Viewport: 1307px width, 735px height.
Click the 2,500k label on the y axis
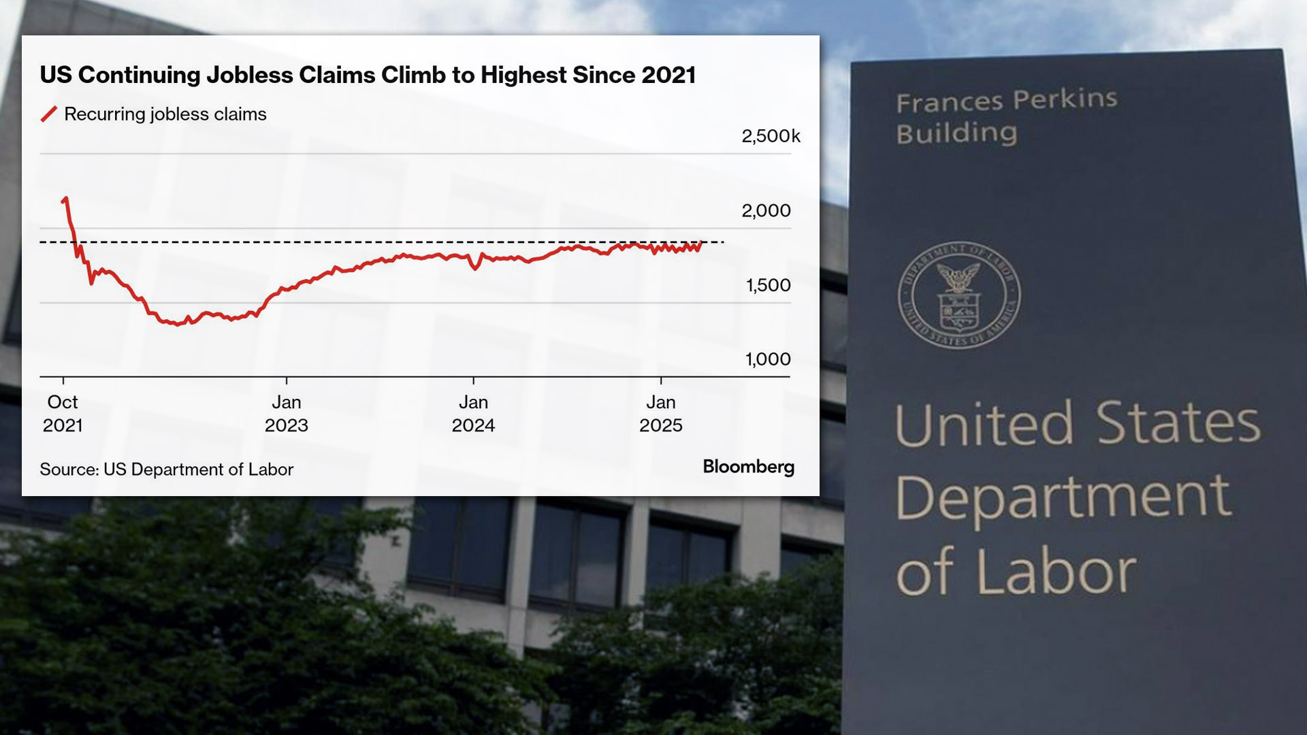pyautogui.click(x=771, y=136)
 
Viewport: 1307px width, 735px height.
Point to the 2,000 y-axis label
pyautogui.click(x=766, y=211)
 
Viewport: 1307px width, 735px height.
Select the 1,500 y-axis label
pyautogui.click(x=769, y=285)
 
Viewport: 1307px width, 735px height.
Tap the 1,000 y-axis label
pyautogui.click(x=768, y=359)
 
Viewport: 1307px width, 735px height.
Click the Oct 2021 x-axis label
pyautogui.click(x=63, y=413)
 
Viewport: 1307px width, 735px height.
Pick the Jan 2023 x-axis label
pyautogui.click(x=286, y=413)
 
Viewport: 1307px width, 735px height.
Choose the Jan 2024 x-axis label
pyautogui.click(x=473, y=413)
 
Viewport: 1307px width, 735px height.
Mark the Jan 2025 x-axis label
pyautogui.click(x=660, y=413)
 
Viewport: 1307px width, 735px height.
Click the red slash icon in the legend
pyautogui.click(x=48, y=114)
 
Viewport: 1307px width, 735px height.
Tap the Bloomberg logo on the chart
pyautogui.click(x=748, y=467)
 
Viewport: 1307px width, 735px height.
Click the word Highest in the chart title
pyautogui.click(x=523, y=75)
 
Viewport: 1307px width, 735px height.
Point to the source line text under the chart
pyautogui.click(x=166, y=470)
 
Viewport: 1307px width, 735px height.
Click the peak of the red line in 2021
pyautogui.click(x=65, y=198)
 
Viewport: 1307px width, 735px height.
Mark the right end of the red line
pyautogui.click(x=701, y=242)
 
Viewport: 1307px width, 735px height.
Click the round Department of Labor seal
pyautogui.click(x=958, y=295)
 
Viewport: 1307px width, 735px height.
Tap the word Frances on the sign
pyautogui.click(x=949, y=102)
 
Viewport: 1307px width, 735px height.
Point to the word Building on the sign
pyautogui.click(x=956, y=133)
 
